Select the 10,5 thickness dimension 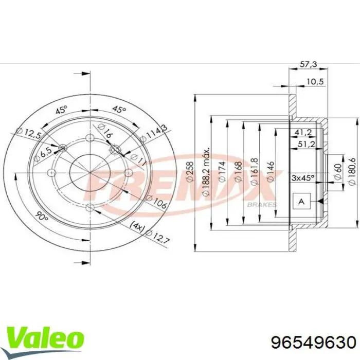(315, 82)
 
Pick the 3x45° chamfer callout (303, 177)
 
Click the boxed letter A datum (302, 202)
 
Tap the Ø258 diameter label (189, 172)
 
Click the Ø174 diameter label (222, 172)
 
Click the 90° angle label (43, 218)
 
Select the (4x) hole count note (137, 224)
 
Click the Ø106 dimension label (158, 203)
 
